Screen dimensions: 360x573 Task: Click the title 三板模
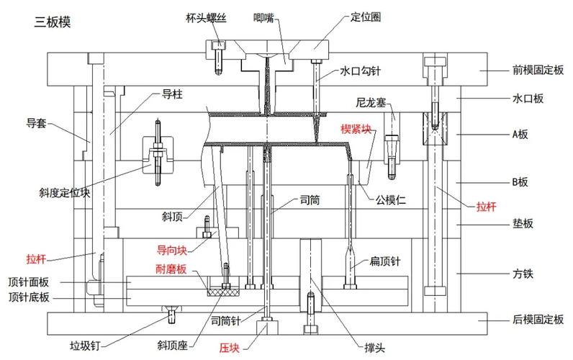[53, 21]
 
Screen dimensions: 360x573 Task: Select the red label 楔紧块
[356, 130]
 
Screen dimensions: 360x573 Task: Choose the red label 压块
[229, 345]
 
